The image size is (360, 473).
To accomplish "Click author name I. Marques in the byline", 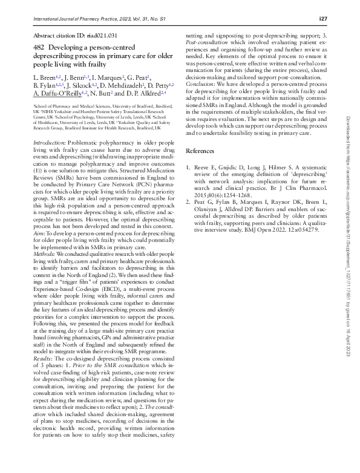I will click(107, 77).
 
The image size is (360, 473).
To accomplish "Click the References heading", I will click(201, 150).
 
